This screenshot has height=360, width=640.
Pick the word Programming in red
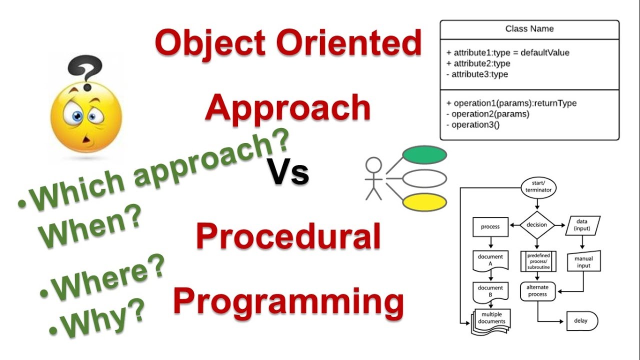(288, 301)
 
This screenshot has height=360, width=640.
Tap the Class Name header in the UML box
(529, 29)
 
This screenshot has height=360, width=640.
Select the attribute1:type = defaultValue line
(507, 52)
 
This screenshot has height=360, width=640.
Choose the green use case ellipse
(424, 155)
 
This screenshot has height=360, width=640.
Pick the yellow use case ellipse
(424, 202)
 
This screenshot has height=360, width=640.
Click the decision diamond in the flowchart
(537, 225)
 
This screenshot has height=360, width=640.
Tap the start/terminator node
(537, 188)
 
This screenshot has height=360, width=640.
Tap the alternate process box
(537, 291)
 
